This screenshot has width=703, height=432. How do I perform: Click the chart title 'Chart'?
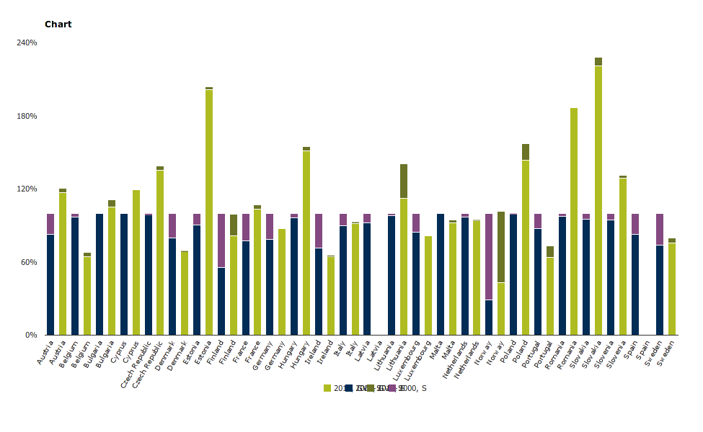[58, 24]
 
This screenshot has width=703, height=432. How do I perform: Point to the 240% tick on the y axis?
[27, 43]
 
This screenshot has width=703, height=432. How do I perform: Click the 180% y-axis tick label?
[27, 116]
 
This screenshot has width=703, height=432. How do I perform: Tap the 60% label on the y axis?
[29, 262]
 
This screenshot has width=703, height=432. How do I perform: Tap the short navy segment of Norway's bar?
[489, 318]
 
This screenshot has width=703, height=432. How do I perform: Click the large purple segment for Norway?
[489, 256]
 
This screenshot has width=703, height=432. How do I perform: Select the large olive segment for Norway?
[501, 247]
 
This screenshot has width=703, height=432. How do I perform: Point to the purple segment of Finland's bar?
[221, 240]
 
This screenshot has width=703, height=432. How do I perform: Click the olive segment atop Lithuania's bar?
[404, 181]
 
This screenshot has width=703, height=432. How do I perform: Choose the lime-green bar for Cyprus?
[136, 262]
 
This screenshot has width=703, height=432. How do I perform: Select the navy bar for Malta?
[441, 274]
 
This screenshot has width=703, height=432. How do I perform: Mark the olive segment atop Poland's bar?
[526, 151]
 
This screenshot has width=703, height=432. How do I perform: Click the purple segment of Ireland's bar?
[319, 230]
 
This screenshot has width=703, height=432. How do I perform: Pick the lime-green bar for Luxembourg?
[428, 285]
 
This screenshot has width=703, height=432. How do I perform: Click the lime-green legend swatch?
[327, 388]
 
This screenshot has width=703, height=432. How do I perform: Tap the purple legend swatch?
[391, 388]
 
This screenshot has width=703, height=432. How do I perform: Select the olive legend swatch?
[371, 388]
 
